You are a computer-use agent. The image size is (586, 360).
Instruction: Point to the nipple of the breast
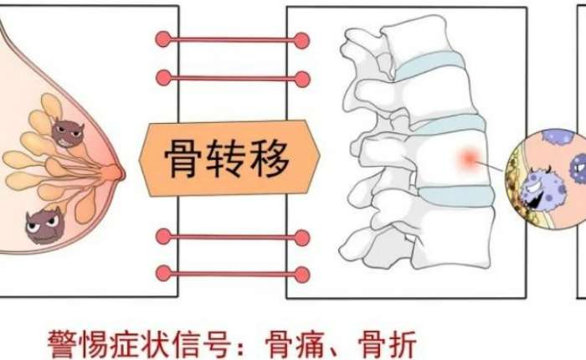coord(117,172)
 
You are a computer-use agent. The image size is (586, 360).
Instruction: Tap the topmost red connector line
coord(232,39)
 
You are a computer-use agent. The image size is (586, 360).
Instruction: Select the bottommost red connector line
coord(232,273)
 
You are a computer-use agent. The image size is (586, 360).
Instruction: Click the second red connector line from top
coord(232,79)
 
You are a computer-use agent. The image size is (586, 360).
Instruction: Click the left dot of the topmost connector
coord(164,39)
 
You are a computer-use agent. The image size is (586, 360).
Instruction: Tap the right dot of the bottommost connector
coord(301,273)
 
